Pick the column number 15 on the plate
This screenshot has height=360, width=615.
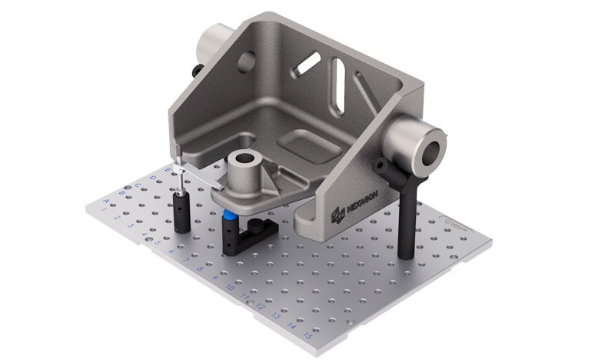click(x=307, y=336)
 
